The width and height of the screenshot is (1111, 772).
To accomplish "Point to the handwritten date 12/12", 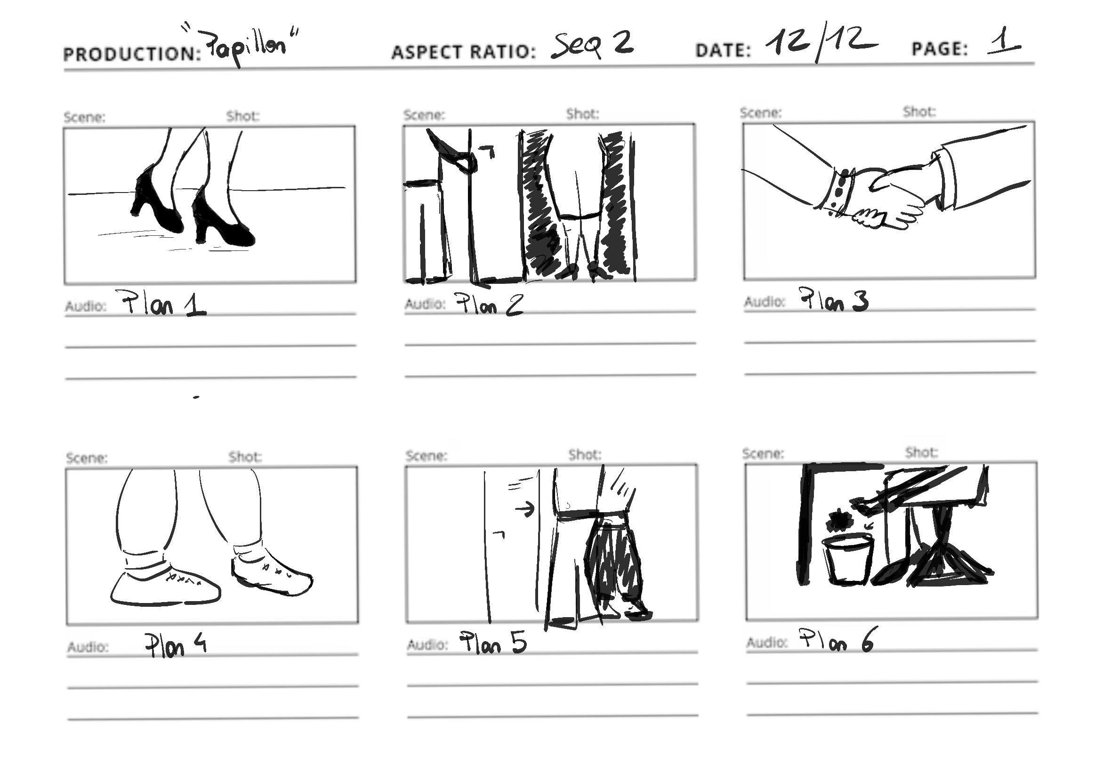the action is click(821, 41).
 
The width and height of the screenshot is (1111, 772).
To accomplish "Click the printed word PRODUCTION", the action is click(131, 54).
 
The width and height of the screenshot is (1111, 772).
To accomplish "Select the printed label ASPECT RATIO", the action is click(464, 52).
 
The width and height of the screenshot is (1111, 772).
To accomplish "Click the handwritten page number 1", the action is click(1004, 40).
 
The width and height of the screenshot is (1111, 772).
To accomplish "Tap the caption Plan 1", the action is click(164, 304).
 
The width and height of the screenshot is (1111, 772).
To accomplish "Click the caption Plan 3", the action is click(833, 300).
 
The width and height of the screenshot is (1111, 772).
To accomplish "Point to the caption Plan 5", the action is click(492, 643).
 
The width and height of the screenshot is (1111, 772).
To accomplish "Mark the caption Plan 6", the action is click(836, 639).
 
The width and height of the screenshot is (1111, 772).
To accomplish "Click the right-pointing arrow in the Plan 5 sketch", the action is click(525, 508).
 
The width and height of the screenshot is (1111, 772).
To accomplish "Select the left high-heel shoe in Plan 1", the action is click(156, 199).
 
